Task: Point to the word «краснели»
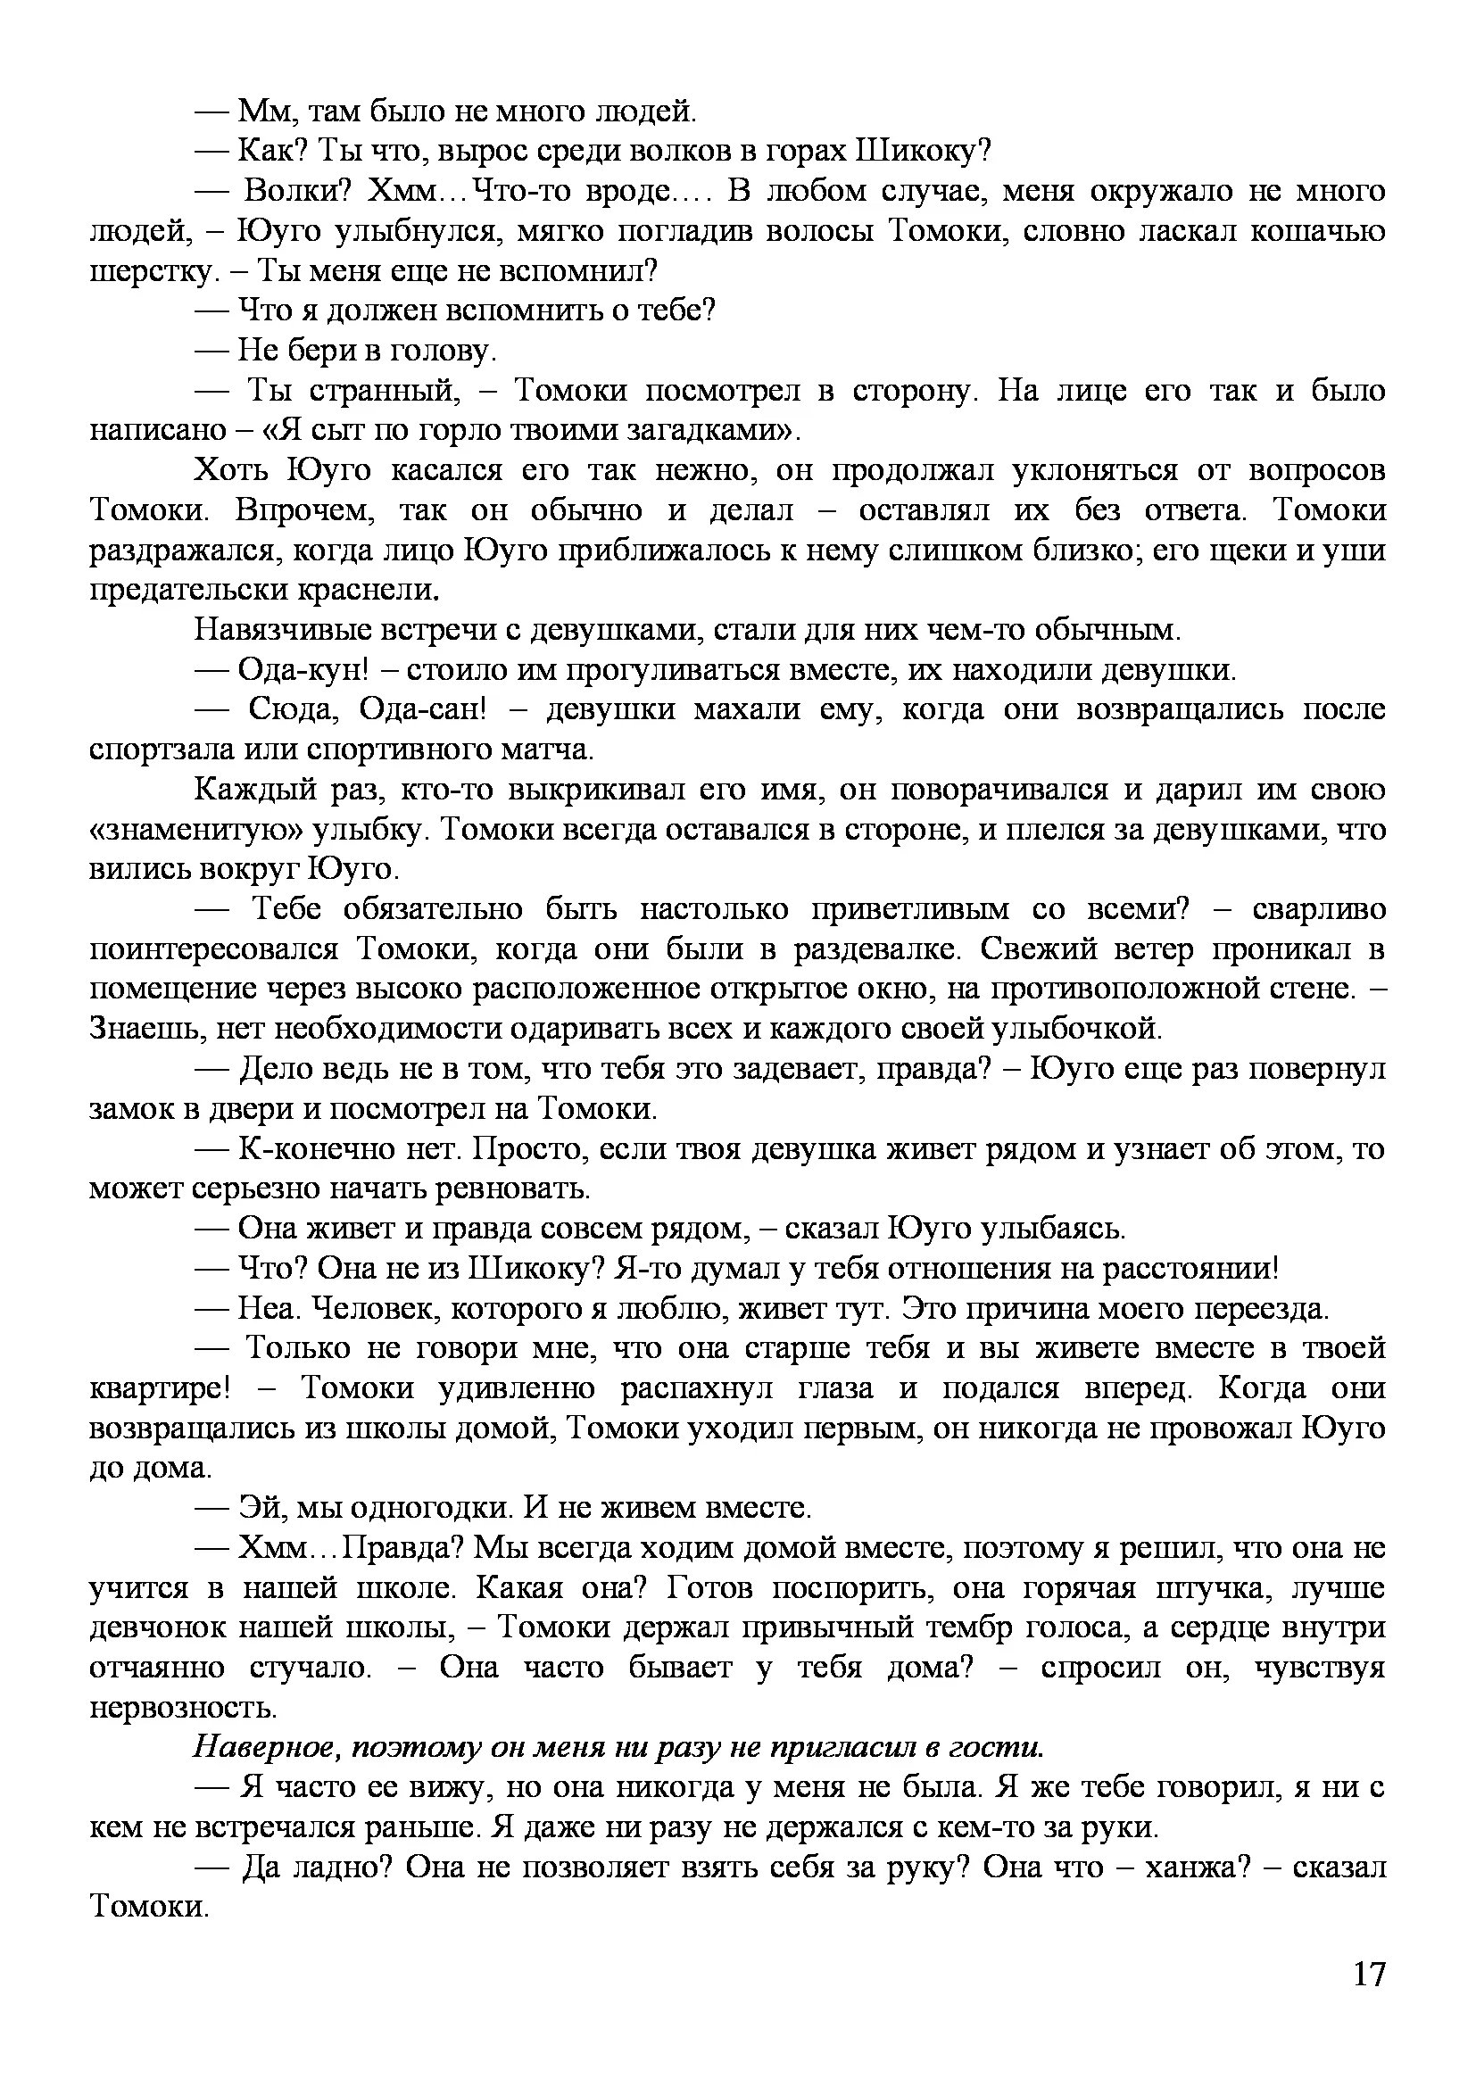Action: coord(368,590)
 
